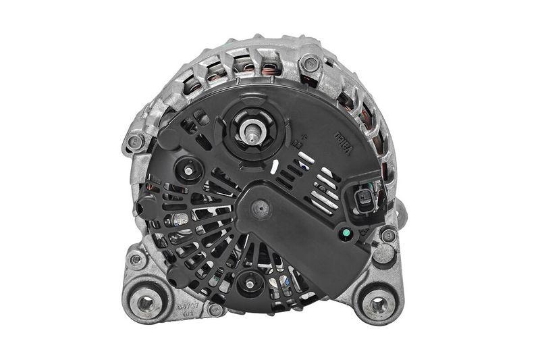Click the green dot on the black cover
[x=346, y=234]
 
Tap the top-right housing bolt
[x=310, y=64]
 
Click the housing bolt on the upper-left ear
[x=135, y=143]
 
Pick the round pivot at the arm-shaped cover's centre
[x=257, y=210]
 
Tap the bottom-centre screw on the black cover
[x=249, y=284]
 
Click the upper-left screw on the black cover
[x=188, y=170]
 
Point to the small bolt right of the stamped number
[x=215, y=310]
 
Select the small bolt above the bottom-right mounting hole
[x=387, y=235]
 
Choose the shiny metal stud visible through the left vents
[x=180, y=220]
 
